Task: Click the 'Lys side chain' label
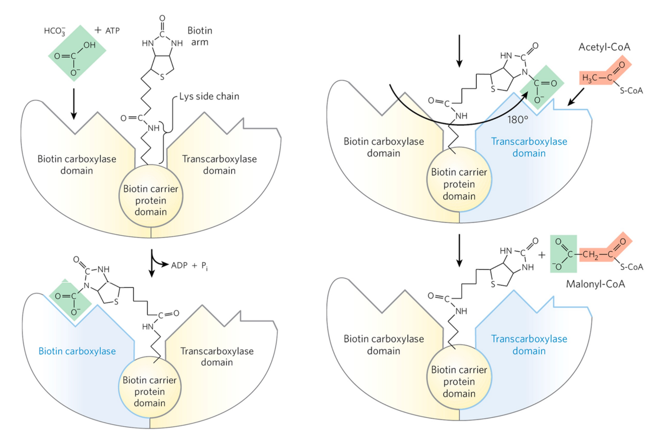coord(209,96)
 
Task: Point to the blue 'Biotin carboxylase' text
coord(77,351)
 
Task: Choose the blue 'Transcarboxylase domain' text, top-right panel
coord(529,147)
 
